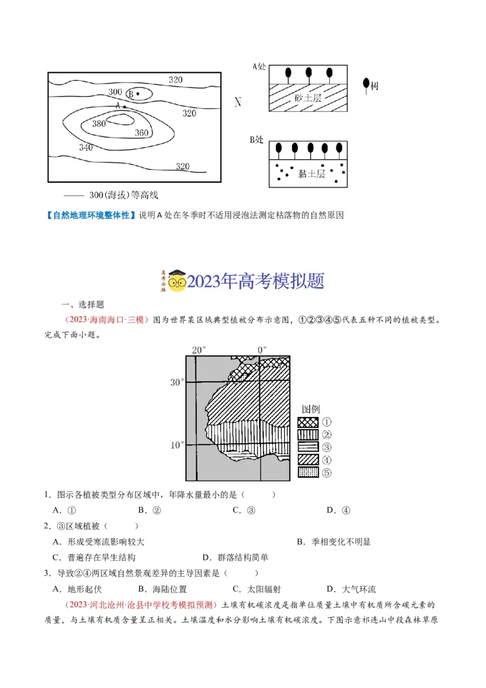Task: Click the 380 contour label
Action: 99,123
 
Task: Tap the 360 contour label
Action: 141,133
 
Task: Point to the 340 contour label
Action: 86,147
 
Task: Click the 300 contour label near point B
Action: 115,92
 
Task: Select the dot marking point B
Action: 138,94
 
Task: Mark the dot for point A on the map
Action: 125,107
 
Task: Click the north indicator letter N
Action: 238,102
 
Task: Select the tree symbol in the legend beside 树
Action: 365,85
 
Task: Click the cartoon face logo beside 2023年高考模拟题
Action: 176,281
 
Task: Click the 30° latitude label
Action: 177,382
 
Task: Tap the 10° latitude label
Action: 177,445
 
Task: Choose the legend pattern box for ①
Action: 308,422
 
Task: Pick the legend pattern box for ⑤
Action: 308,472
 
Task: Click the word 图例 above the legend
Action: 310,408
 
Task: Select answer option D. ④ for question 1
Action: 338,510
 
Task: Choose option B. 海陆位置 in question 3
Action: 162,589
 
